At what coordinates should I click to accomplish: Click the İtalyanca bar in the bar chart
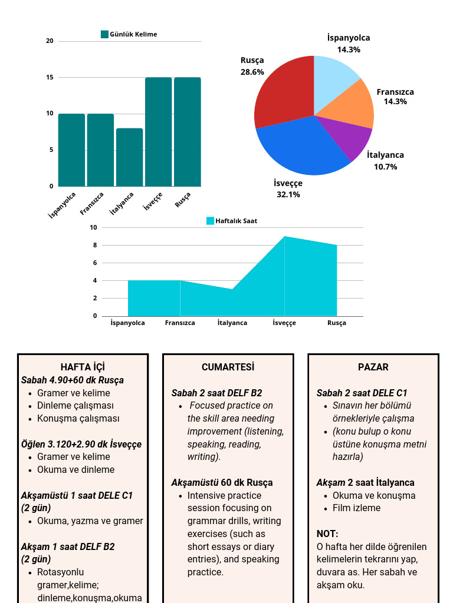129,157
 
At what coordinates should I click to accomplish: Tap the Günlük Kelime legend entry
129,34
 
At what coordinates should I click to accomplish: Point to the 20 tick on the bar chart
50,41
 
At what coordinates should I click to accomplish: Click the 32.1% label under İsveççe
288,194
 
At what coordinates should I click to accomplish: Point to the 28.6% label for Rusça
252,72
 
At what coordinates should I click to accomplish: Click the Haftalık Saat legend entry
232,221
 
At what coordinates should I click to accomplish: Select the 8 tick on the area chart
94,245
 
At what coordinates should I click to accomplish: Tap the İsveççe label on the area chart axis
284,323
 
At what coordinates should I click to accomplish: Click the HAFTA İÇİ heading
83,367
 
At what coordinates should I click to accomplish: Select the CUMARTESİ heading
228,367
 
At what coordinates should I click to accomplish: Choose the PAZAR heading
373,367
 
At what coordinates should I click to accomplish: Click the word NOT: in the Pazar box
327,534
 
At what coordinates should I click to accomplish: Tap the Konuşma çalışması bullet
78,419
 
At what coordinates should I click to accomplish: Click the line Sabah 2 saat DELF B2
216,393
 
